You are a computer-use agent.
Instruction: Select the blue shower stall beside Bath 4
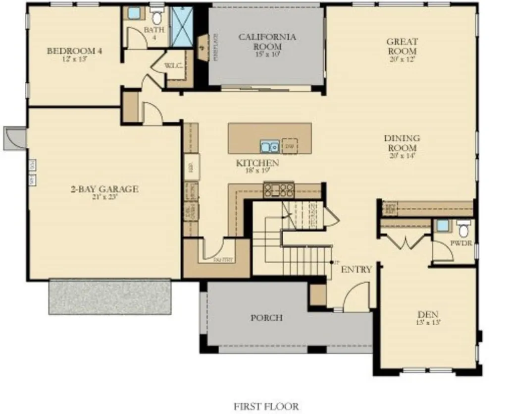coord(182,27)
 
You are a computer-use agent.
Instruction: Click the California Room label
coord(267,41)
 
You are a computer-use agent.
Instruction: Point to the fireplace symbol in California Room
coord(203,47)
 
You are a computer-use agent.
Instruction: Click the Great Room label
coord(402,46)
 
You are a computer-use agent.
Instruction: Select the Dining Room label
coord(402,143)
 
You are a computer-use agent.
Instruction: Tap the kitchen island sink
coord(269,147)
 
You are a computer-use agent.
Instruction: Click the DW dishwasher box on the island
coord(290,146)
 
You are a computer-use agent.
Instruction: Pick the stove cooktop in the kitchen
coord(279,189)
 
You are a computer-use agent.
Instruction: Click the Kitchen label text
coord(257,163)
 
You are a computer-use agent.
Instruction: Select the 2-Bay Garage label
coord(104,189)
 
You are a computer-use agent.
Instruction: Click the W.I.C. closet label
coord(174,65)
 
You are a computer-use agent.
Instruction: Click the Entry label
coord(356,269)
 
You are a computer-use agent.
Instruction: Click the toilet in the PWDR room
coord(463,230)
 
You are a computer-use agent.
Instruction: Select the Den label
coord(428,314)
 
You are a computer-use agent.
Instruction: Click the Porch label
coord(266,317)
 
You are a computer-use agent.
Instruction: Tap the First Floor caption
coord(267,407)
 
